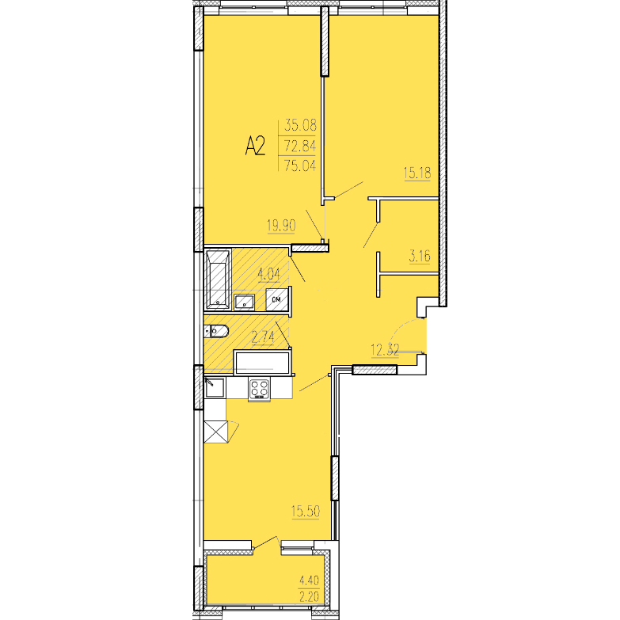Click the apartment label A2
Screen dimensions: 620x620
(x=255, y=146)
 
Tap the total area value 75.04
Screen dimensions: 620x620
(x=301, y=165)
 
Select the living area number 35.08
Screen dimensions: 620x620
(x=301, y=125)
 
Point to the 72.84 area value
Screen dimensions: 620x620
(x=301, y=146)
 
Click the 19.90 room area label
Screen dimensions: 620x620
(x=282, y=226)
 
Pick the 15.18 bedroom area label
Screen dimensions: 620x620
(x=417, y=173)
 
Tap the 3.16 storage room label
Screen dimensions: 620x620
(x=420, y=257)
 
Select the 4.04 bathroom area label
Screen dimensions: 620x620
(x=269, y=274)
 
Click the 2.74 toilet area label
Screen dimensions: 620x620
(x=263, y=338)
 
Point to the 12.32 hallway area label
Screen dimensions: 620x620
(x=385, y=350)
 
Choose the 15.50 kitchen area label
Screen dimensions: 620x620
(x=306, y=512)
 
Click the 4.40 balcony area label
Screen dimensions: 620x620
(x=310, y=580)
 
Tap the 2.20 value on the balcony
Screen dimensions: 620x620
(x=310, y=596)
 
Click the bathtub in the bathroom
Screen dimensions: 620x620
(x=218, y=280)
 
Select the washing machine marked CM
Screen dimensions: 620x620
(x=277, y=299)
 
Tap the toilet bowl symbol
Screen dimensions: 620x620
(x=217, y=330)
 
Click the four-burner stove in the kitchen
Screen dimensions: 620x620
(x=260, y=388)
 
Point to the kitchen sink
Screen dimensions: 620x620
(x=215, y=387)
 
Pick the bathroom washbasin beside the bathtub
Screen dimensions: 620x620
(x=245, y=302)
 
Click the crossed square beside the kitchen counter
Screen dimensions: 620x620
(x=216, y=432)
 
